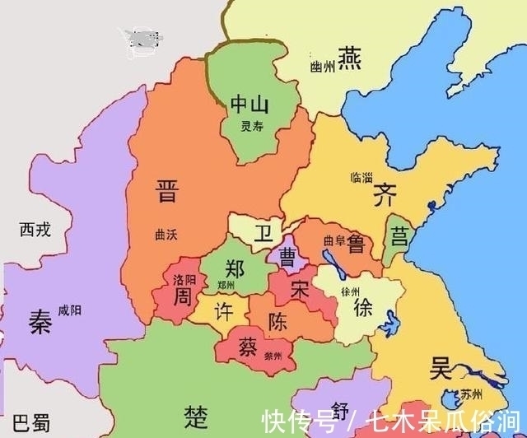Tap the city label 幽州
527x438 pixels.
pos(322,65)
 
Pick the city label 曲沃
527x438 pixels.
pos(166,234)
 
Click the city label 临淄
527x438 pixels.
pos(361,177)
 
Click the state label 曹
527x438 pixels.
pos(289,256)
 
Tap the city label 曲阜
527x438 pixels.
pos(334,241)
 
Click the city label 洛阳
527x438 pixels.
pos(184,280)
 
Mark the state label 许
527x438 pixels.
pos(223,312)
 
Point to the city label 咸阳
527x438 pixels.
pos(70,310)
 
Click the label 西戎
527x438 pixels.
pos(35,230)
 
